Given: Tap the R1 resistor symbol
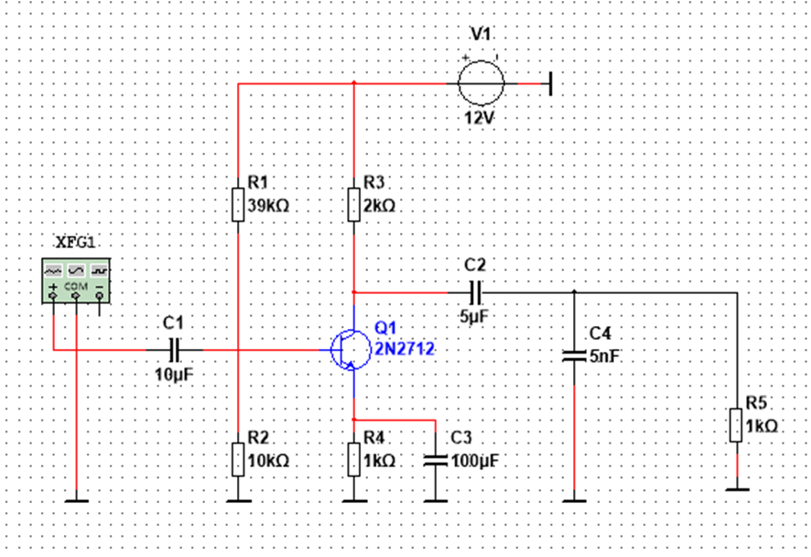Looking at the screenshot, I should point(238,204).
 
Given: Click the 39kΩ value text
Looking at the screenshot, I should point(268,206).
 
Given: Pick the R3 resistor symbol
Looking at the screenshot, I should point(353,204).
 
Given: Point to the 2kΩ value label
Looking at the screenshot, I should point(379,206).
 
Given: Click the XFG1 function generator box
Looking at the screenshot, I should point(76,279).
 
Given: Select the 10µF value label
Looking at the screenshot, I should point(174,374).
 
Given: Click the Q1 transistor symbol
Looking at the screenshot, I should point(349,349).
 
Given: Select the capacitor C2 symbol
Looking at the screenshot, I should point(475,292).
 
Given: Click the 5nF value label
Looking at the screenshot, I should point(605,355).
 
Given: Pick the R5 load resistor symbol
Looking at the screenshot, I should point(736,426).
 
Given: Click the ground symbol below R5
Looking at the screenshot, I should point(736,489).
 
